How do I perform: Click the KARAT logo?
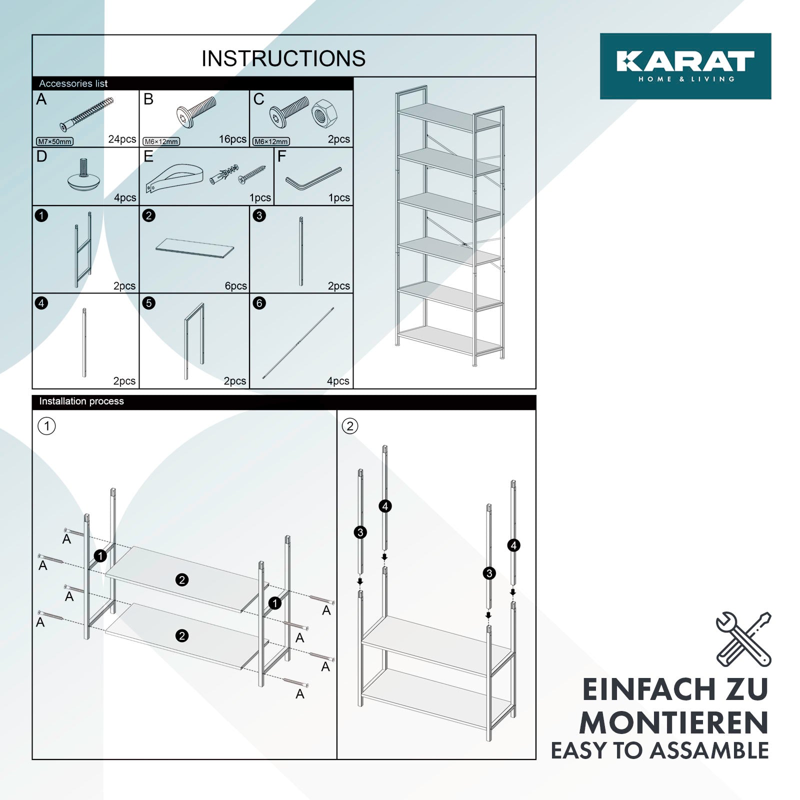[x=685, y=66]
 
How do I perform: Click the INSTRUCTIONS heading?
[x=283, y=58]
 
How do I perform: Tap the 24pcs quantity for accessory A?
[x=122, y=139]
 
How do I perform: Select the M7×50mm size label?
[x=55, y=141]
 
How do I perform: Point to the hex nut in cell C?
[x=324, y=113]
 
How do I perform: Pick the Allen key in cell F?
[x=313, y=178]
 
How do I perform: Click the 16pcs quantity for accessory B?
[x=233, y=139]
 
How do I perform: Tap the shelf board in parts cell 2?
[x=194, y=247]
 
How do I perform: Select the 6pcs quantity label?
[x=236, y=286]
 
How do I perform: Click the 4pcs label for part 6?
[x=338, y=381]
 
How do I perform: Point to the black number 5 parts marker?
[x=148, y=303]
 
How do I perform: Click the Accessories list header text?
[x=73, y=83]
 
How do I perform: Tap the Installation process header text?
[x=81, y=401]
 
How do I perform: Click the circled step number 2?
[x=350, y=426]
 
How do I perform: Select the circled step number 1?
[x=47, y=426]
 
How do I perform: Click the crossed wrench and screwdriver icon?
[x=743, y=639]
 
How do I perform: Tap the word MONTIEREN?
[x=674, y=723]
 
